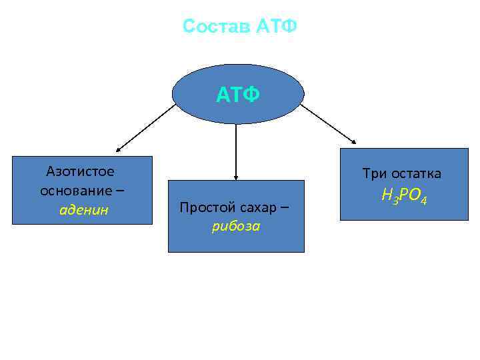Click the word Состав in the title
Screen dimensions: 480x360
215,27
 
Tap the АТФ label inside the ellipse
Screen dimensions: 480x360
237,96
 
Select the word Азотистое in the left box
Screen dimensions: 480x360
80,171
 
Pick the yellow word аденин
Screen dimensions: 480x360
84,210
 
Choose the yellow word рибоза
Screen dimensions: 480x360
236,226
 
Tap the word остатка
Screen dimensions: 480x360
417,174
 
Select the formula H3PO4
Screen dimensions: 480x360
404,196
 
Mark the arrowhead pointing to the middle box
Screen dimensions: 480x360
236,177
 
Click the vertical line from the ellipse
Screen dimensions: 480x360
236,150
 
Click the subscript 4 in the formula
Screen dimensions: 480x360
423,200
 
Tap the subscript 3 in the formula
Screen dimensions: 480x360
395,200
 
